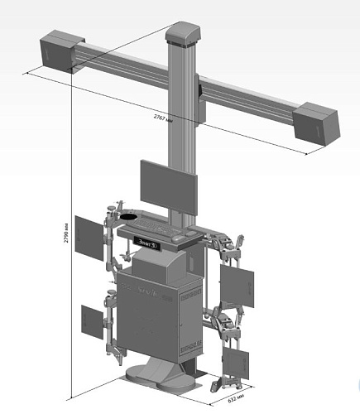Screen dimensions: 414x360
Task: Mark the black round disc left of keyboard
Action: pyautogui.click(x=129, y=218)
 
